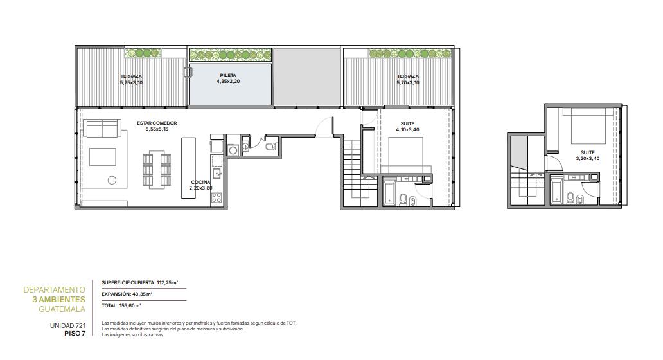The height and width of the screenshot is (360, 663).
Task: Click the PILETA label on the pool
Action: pyautogui.click(x=228, y=76)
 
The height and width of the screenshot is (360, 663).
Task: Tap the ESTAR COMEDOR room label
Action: pyautogui.click(x=157, y=123)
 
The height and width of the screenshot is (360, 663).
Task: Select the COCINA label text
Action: pyautogui.click(x=200, y=183)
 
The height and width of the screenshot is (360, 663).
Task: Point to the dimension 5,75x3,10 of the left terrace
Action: pyautogui.click(x=131, y=82)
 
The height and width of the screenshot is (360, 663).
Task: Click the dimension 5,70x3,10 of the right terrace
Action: pyautogui.click(x=407, y=82)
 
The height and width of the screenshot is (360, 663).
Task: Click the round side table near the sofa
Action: pyautogui.click(x=112, y=180)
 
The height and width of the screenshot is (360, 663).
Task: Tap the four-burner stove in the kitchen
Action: pyautogui.click(x=217, y=197)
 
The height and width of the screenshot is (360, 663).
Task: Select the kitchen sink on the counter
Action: pyautogui.click(x=217, y=173)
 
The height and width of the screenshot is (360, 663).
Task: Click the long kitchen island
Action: pyautogui.click(x=189, y=168)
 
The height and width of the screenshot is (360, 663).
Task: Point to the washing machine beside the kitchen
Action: pyautogui.click(x=233, y=149)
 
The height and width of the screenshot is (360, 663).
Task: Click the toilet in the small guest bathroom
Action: pyautogui.click(x=272, y=147)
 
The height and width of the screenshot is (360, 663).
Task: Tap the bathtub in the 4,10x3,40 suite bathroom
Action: pyautogui.click(x=389, y=192)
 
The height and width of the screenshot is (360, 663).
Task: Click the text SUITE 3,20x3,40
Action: pyautogui.click(x=588, y=156)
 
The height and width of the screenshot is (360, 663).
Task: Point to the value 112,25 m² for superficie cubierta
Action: pyautogui.click(x=168, y=282)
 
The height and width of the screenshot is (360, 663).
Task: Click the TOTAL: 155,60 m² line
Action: pyautogui.click(x=121, y=305)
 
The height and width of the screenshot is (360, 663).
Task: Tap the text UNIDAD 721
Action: pyautogui.click(x=67, y=326)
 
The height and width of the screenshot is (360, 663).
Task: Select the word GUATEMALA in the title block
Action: pyautogui.click(x=62, y=309)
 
